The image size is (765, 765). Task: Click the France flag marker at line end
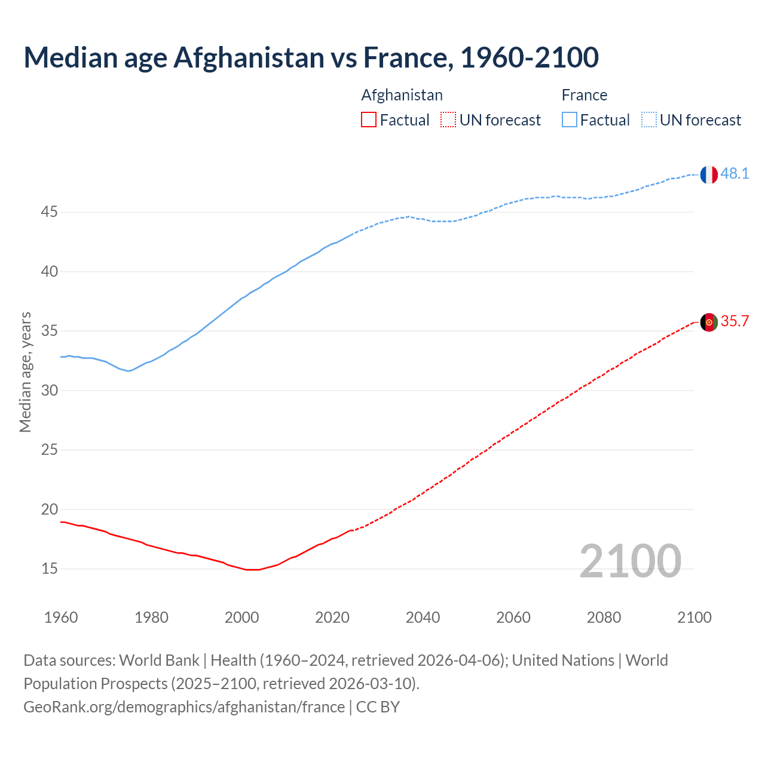pyautogui.click(x=708, y=175)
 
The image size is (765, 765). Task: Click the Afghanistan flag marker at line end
pyautogui.click(x=708, y=322)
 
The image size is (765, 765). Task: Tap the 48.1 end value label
pyautogui.click(x=735, y=174)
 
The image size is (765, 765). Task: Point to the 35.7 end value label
pyautogui.click(x=735, y=322)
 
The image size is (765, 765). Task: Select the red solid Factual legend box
pyautogui.click(x=369, y=120)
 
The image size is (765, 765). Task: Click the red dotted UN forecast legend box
pyautogui.click(x=448, y=120)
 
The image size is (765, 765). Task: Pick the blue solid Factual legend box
pyautogui.click(x=570, y=120)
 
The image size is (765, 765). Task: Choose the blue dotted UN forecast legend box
pyautogui.click(x=649, y=120)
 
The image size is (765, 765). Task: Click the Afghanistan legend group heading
pyautogui.click(x=402, y=96)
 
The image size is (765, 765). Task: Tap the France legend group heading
pyautogui.click(x=584, y=96)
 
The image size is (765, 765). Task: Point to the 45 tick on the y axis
pyautogui.click(x=49, y=212)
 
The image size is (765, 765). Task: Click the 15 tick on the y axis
pyautogui.click(x=49, y=569)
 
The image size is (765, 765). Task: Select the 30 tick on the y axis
pyautogui.click(x=49, y=391)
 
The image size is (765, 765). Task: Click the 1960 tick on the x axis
pyautogui.click(x=61, y=617)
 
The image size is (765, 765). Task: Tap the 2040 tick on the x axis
pyautogui.click(x=423, y=617)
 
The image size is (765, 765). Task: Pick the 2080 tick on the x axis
pyautogui.click(x=604, y=617)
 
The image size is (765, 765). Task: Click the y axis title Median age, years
pyautogui.click(x=25, y=372)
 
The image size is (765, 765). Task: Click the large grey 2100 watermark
pyautogui.click(x=630, y=561)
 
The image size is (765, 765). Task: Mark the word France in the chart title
pyautogui.click(x=405, y=58)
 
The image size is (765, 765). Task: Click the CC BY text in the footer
pyautogui.click(x=378, y=707)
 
